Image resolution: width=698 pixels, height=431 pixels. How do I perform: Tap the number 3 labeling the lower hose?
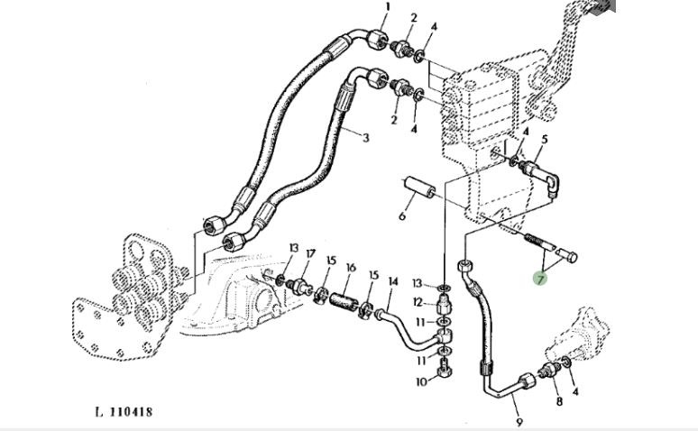[x=366, y=137]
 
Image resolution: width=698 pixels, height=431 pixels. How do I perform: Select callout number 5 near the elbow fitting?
[x=544, y=139]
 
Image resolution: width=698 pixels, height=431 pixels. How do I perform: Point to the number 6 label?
[x=402, y=216]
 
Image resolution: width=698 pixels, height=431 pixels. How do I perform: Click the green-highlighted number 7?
[x=540, y=280]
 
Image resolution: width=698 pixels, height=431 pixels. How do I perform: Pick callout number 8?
[x=558, y=400]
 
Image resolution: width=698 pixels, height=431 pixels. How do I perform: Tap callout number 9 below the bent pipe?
[x=519, y=419]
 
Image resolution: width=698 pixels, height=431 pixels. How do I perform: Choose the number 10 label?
[x=420, y=382]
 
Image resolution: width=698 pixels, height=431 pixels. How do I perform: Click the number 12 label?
[x=418, y=302]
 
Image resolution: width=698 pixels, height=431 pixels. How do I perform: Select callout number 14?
[x=392, y=282]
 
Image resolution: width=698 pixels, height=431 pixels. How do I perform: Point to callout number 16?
[x=351, y=268]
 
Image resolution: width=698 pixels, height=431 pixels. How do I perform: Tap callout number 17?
[x=310, y=253]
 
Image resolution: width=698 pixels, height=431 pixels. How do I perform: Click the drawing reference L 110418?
[x=124, y=412]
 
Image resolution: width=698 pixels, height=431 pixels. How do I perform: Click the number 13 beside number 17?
[x=294, y=248]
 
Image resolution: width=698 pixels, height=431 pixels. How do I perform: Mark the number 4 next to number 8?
[x=575, y=391]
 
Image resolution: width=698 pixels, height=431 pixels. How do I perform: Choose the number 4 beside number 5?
[x=526, y=132]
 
